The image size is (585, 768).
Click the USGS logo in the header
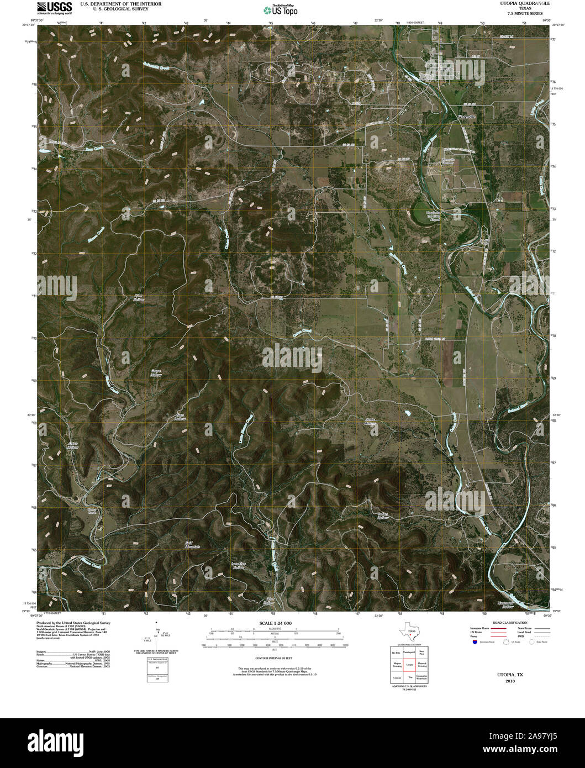point(54,7)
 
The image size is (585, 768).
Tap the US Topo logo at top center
point(280,9)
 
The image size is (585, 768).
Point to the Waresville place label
point(467,117)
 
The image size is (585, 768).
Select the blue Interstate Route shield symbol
point(474,642)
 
